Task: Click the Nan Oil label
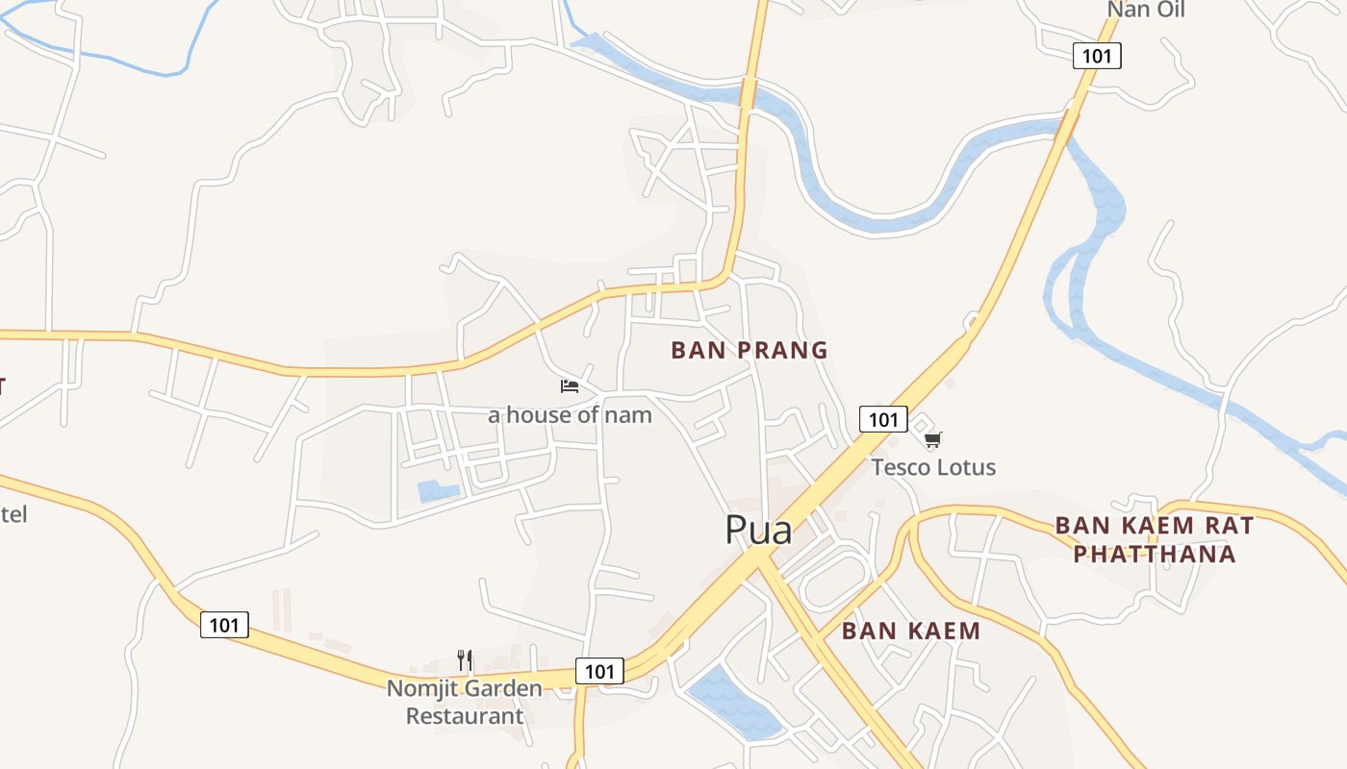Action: click(1145, 11)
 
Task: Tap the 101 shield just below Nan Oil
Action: click(1097, 56)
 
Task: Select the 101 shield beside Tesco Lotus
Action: click(883, 419)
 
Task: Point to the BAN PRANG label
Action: click(750, 350)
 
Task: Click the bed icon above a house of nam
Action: click(570, 386)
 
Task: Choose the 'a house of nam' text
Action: click(570, 415)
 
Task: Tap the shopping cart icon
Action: click(932, 440)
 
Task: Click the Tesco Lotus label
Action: click(933, 467)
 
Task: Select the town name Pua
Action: click(758, 530)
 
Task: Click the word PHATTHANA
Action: click(1154, 554)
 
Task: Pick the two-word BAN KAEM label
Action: click(910, 631)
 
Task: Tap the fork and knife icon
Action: click(465, 660)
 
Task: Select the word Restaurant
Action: click(465, 716)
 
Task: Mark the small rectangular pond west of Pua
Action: click(438, 491)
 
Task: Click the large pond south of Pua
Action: click(734, 703)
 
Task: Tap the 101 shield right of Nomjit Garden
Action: click(599, 671)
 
